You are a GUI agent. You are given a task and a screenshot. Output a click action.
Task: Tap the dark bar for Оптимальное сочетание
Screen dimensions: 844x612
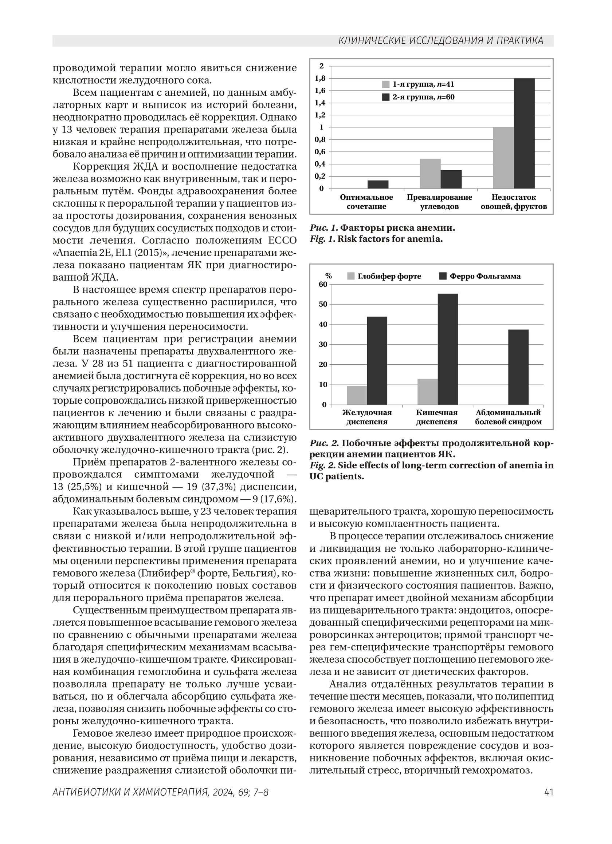click(x=378, y=184)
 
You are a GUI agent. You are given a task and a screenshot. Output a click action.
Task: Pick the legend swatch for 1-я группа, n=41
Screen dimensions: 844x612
click(x=386, y=84)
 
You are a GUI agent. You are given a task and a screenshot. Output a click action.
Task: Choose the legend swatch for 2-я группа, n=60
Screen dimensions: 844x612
click(x=386, y=97)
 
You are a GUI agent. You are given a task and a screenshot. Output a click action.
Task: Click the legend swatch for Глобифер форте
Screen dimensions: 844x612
click(x=351, y=276)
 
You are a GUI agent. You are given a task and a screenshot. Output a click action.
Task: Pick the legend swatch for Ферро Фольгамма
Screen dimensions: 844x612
click(x=443, y=276)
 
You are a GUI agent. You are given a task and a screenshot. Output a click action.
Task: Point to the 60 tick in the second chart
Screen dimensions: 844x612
click(x=323, y=284)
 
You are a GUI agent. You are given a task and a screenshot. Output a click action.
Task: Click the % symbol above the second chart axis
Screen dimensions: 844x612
click(x=328, y=276)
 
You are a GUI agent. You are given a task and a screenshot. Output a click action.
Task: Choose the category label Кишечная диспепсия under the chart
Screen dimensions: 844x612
click(x=436, y=417)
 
